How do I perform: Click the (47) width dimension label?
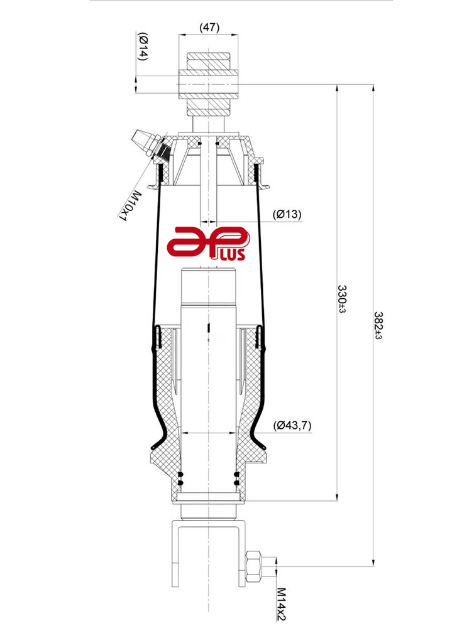209,28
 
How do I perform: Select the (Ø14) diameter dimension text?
143,46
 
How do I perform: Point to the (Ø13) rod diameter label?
287,214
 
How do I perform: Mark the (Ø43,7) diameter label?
292,425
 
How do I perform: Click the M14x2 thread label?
280,604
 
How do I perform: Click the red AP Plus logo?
210,244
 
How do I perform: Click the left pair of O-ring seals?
181,478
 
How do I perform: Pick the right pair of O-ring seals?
236,478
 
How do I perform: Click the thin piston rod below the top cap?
209,188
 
